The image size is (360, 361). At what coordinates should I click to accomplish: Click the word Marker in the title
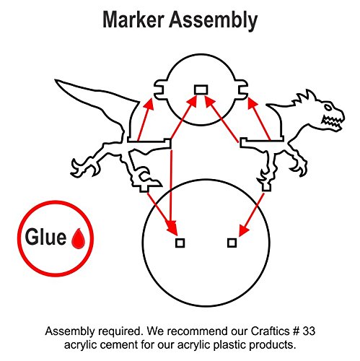coord(133,20)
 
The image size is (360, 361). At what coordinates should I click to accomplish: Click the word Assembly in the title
coord(214,21)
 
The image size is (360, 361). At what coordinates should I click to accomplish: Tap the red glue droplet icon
coord(78,238)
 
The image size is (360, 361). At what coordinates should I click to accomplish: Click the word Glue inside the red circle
coord(45,237)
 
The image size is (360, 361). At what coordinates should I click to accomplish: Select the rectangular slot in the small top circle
coord(201,90)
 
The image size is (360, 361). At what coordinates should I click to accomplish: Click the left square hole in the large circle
coord(180,243)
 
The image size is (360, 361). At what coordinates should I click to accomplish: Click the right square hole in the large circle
coord(232,243)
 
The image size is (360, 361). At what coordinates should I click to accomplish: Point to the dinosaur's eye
coord(328,108)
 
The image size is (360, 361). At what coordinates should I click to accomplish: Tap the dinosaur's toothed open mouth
coord(332,122)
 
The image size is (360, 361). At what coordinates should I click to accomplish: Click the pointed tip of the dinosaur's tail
coord(56,80)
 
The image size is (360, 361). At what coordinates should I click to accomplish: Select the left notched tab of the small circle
coord(160,90)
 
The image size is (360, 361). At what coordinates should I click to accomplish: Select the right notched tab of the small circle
coord(243,90)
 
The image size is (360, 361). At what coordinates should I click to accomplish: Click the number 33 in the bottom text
coord(309,331)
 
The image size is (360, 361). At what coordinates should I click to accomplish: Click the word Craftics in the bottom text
coord(270,331)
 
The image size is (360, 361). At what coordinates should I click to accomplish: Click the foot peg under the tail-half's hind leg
coord(144,188)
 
